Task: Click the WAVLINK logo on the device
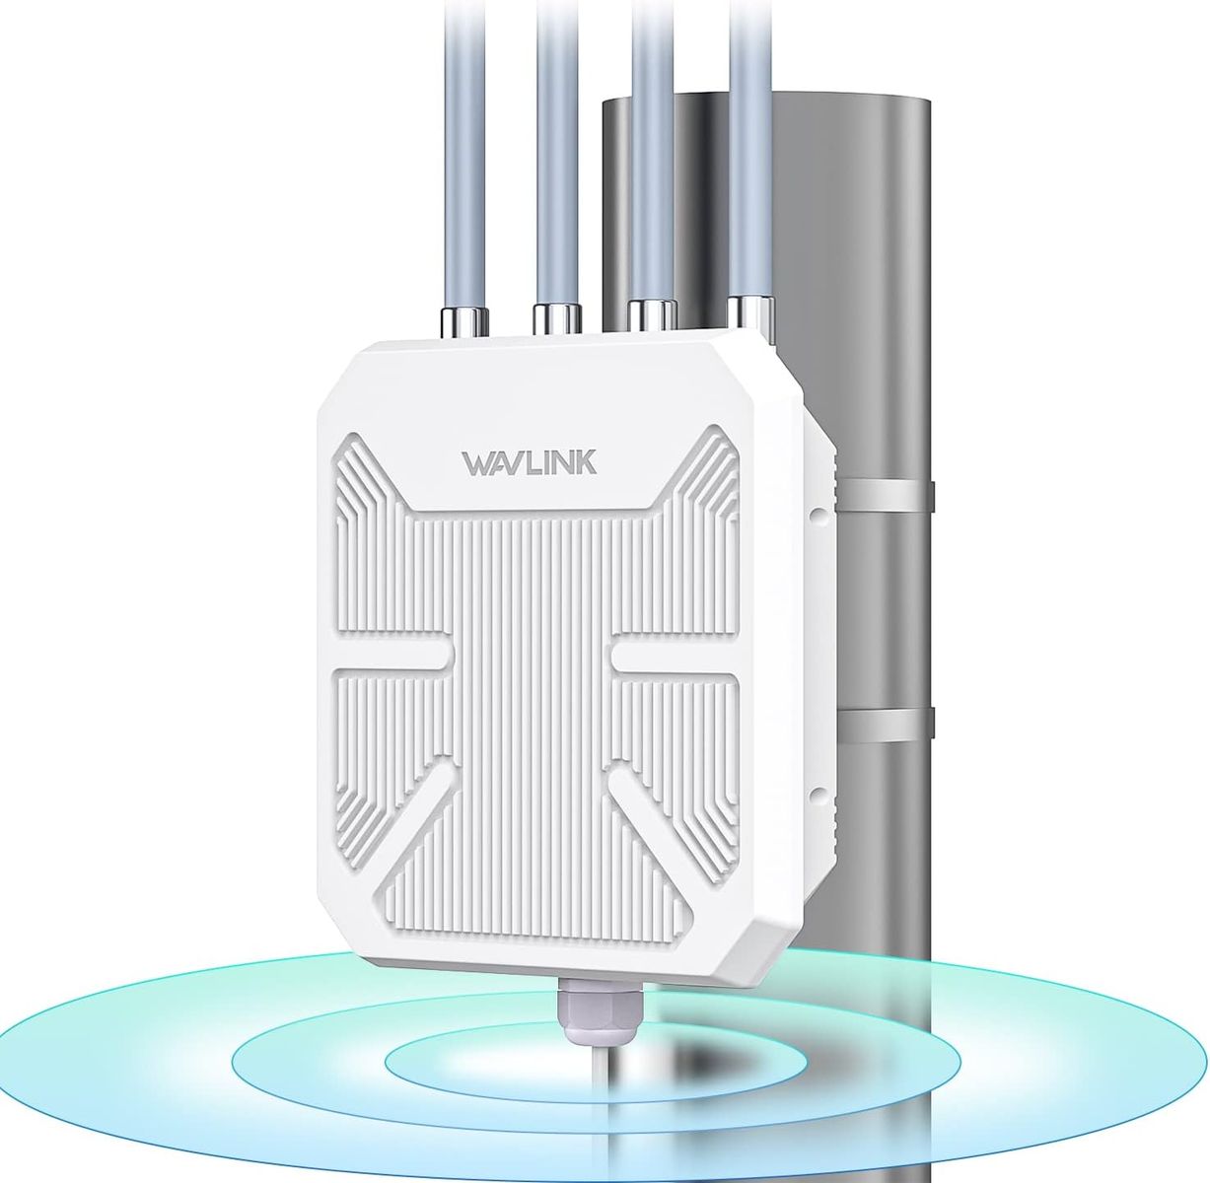tap(528, 462)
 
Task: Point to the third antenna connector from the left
tap(652, 315)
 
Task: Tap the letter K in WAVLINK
tap(585, 462)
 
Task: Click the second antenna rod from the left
tap(558, 148)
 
